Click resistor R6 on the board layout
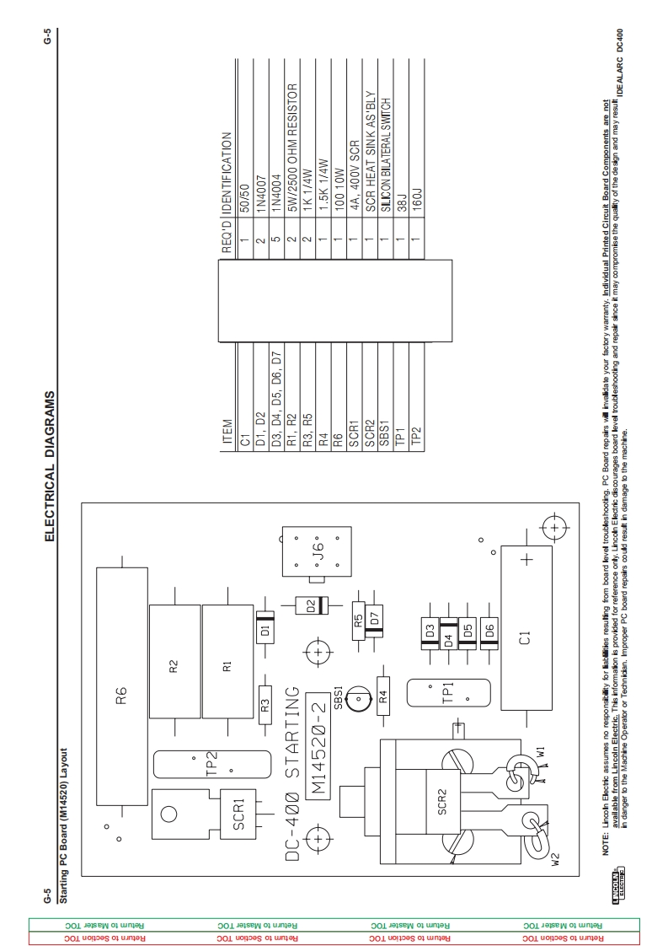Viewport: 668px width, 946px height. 121,686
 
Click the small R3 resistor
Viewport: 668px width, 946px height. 265,706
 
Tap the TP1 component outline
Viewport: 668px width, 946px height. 447,693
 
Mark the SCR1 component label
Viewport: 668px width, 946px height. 238,811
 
